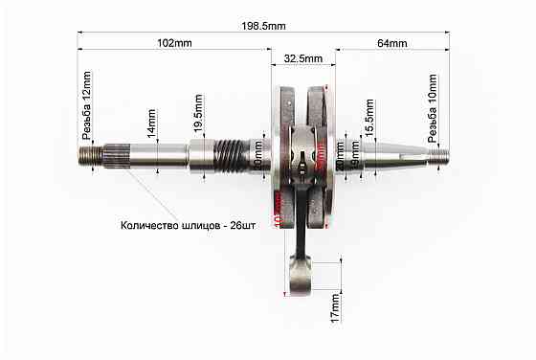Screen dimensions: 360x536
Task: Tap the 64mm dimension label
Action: [x=392, y=43]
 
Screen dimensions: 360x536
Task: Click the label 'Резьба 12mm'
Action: [x=87, y=101]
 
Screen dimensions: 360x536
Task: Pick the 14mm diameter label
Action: [x=151, y=124]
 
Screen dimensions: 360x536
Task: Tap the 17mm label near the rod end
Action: [x=335, y=307]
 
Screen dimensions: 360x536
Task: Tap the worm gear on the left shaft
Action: [x=226, y=153]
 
